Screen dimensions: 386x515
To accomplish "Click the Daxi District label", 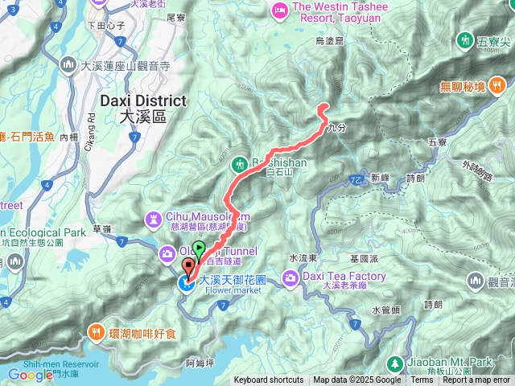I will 144,101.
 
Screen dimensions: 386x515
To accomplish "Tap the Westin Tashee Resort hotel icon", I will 281,10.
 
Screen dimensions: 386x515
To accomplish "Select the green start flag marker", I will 199,249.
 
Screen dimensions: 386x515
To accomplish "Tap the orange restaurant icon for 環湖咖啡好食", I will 96,331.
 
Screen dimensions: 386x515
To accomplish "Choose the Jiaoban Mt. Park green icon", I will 395,363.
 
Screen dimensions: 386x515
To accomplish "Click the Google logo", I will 30,375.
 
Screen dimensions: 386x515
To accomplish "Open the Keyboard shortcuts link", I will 269,380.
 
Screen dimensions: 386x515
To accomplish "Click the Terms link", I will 422,380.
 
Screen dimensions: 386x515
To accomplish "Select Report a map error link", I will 476,380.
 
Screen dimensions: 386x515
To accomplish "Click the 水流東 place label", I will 304,258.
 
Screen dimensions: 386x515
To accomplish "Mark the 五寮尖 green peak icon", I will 465,39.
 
